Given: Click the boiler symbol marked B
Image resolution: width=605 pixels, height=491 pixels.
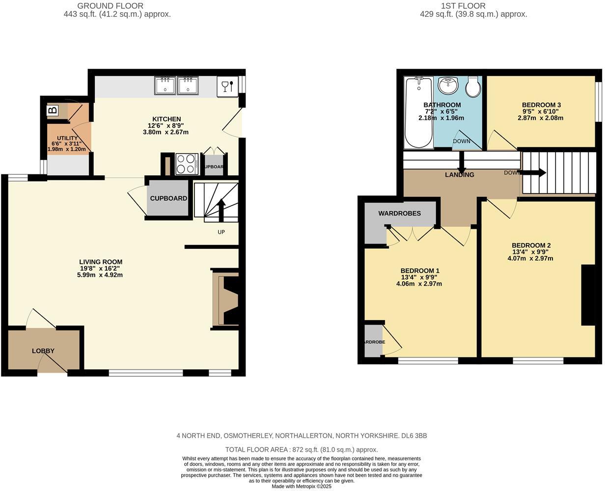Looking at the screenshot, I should tap(52, 110).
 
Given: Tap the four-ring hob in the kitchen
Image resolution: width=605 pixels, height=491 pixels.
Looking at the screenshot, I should tap(187, 164).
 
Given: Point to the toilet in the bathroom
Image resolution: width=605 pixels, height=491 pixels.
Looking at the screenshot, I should tap(473, 86).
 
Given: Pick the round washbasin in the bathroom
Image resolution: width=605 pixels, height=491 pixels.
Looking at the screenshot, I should tap(448, 85).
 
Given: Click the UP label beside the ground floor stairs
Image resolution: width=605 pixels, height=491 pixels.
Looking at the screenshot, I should tap(221, 232).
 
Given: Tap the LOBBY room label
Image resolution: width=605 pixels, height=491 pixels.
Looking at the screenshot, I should tap(43, 351).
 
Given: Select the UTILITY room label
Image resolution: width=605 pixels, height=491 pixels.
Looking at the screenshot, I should tap(67, 138).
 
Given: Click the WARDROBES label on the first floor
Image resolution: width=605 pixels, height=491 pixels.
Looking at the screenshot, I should tap(399, 213).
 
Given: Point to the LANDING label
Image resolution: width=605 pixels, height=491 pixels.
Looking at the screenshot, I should tap(459, 175).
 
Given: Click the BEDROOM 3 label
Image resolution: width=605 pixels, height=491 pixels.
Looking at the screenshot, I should tap(541, 105).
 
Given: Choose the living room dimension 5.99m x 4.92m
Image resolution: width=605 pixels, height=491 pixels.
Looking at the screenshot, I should tap(100, 275).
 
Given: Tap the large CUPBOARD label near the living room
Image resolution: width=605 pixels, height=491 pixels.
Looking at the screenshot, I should tap(168, 198).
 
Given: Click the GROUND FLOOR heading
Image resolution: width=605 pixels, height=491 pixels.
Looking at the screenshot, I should tap(117, 6).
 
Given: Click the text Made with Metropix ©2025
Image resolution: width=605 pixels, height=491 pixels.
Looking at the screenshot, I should tap(302, 486).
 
